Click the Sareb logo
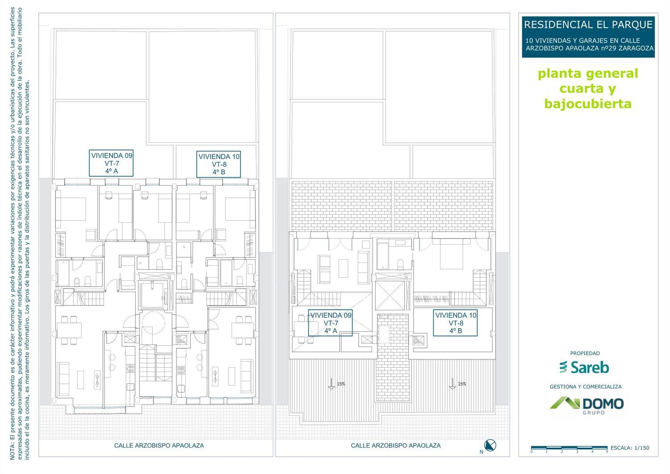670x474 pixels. [584, 367]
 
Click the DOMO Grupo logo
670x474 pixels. [586, 406]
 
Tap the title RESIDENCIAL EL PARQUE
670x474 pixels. [588, 25]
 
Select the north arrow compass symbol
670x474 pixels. [490, 445]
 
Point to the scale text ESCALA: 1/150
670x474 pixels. [630, 448]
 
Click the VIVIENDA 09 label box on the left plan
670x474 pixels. [111, 163]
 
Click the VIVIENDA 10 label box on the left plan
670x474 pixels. [219, 165]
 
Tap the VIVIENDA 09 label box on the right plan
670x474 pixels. [331, 323]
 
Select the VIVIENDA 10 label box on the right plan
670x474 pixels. [455, 323]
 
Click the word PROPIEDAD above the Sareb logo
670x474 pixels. [585, 353]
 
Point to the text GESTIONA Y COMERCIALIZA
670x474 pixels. [586, 386]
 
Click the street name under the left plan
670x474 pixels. [159, 445]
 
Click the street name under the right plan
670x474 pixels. [396, 445]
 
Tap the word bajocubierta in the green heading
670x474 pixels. [588, 104]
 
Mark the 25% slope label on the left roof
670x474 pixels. [341, 384]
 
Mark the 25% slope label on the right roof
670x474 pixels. [462, 384]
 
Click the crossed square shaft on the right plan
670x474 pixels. [390, 296]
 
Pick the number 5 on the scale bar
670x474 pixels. [607, 452]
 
